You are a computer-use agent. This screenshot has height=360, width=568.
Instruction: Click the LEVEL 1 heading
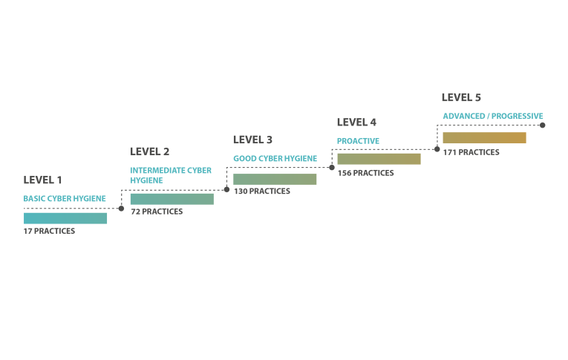[x=42, y=180]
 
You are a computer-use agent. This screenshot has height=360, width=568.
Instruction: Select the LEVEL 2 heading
[x=149, y=151]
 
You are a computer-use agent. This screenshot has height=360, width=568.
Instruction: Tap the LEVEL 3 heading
[x=252, y=140]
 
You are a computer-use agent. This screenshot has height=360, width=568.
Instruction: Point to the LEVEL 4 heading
[x=356, y=122]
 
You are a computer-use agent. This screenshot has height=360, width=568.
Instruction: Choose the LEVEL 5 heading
[x=461, y=97]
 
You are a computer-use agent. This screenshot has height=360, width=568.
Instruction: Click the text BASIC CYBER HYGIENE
[x=65, y=198]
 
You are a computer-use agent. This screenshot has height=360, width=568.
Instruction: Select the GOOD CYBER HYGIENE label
[x=275, y=159]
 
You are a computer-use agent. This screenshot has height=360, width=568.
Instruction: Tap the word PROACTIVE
[x=359, y=141]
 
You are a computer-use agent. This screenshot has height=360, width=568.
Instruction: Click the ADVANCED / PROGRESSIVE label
[x=493, y=117]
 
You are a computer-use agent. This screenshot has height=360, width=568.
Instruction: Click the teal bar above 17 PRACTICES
[x=65, y=218]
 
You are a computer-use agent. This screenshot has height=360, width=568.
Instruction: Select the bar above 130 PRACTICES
[x=275, y=180]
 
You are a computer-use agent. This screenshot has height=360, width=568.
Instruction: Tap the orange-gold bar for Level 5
[x=484, y=138]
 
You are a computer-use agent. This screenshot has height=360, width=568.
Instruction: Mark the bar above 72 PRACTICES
[x=172, y=199]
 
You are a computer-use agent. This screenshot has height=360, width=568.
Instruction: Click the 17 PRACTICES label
[x=49, y=231]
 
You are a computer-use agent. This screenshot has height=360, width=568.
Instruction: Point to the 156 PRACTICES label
[x=365, y=173]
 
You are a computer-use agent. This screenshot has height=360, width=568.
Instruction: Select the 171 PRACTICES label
[x=471, y=152]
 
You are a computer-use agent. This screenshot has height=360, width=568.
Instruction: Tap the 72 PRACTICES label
[x=157, y=212]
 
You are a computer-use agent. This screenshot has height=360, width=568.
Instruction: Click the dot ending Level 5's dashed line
[x=542, y=125]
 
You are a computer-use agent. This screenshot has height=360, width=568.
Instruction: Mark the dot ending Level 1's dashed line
[x=121, y=209]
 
